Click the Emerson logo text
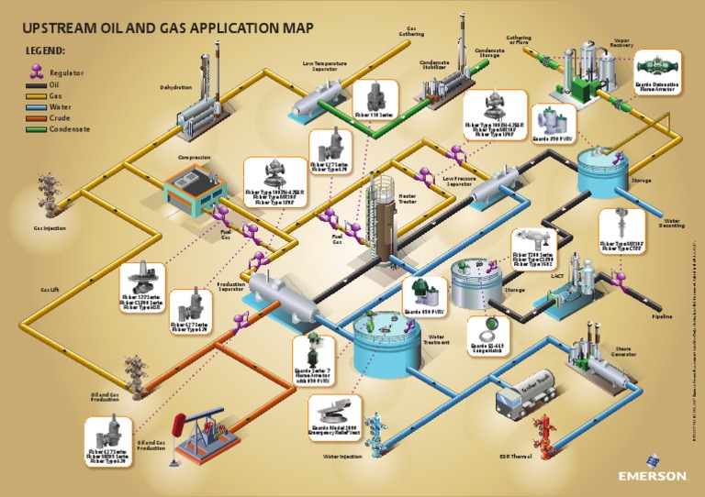pyautogui.click(x=653, y=476)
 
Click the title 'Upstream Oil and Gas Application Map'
pyautogui.click(x=168, y=28)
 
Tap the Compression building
pyautogui.click(x=194, y=187)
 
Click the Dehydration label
pyautogui.click(x=175, y=88)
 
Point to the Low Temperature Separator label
pyautogui.click(x=325, y=66)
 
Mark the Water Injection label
pyautogui.click(x=342, y=455)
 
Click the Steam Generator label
pyautogui.click(x=622, y=351)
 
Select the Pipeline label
pyautogui.click(x=662, y=316)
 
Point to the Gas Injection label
pyautogui.click(x=50, y=227)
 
